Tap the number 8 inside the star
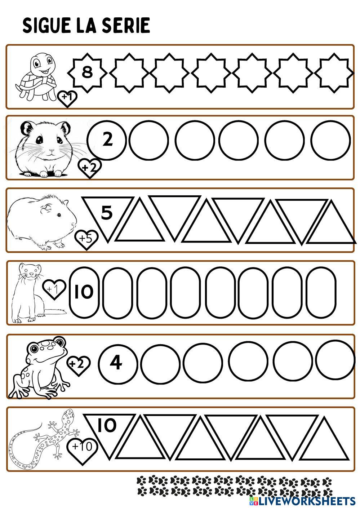[x=87, y=72]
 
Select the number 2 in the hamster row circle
[x=107, y=139]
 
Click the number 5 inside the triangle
[x=107, y=213]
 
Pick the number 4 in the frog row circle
[x=116, y=363]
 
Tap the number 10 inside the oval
[x=84, y=292]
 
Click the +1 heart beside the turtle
[x=67, y=98]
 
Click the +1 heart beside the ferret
[x=54, y=289]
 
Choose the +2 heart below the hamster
[x=89, y=168]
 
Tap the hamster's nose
[x=52, y=151]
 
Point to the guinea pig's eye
[x=59, y=214]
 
